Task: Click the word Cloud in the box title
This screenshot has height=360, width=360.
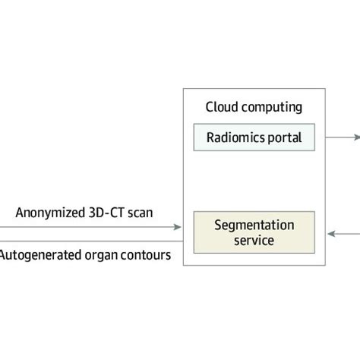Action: (223, 107)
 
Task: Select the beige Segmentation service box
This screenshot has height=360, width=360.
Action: (254, 232)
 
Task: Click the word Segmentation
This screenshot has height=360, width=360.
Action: (254, 226)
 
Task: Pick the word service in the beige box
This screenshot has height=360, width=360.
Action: (254, 241)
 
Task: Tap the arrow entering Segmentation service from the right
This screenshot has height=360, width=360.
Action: (330, 232)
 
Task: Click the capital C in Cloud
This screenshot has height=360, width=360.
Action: (209, 107)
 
